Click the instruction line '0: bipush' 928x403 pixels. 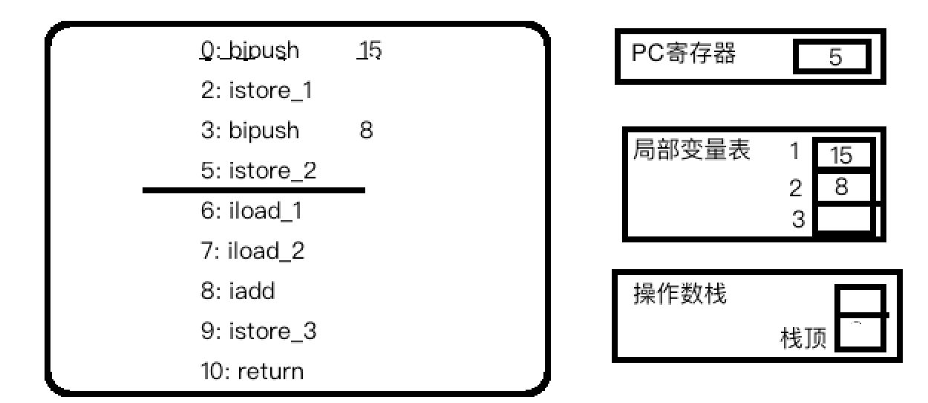(250, 51)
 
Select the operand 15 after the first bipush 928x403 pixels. (369, 51)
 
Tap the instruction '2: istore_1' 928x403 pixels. (256, 91)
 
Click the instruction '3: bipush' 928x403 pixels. (250, 131)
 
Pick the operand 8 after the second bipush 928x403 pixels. (365, 131)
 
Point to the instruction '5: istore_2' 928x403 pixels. (258, 171)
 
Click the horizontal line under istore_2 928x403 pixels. (253, 190)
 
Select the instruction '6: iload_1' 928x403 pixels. (252, 211)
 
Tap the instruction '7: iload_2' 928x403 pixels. (252, 251)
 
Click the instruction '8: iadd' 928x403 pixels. (238, 291)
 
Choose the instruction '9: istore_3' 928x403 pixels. (258, 331)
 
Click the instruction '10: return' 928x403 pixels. (252, 370)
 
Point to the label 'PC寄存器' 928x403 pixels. (683, 54)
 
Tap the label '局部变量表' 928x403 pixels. (691, 150)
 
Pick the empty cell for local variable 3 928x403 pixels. (843, 219)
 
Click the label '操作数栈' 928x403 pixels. (679, 294)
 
